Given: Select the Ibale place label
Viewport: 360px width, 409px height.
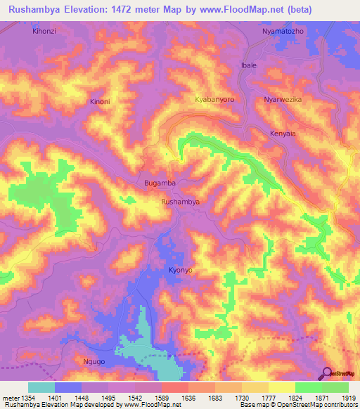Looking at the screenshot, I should [249, 65].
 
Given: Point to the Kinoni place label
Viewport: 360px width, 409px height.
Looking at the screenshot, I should [100, 102].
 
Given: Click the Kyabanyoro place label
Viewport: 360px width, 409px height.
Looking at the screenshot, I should [214, 100].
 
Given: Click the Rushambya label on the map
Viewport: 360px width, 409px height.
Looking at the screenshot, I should [181, 202].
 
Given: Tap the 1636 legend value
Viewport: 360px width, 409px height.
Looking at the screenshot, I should [188, 398].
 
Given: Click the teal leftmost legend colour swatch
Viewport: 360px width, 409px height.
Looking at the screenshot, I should [41, 387].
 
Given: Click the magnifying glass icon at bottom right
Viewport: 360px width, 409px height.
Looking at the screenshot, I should [326, 373].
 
